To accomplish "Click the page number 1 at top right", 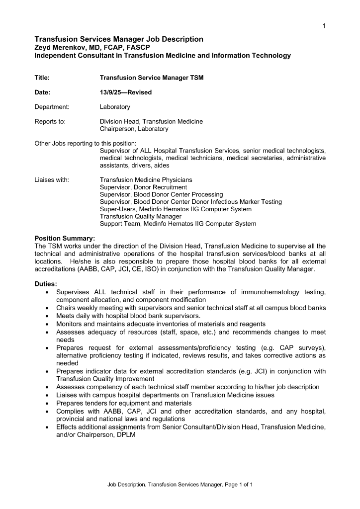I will click(324, 26).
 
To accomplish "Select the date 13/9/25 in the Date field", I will click(111, 92).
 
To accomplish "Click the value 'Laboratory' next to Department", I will click(115, 107).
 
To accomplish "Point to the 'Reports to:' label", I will click(50, 121).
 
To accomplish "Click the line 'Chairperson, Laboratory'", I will click(134, 129).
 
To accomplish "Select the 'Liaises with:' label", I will click(52, 179).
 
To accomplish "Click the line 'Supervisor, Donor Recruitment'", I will click(143, 187).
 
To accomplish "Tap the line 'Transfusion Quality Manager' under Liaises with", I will click(141, 216).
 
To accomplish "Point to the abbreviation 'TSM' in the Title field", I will click(195, 78).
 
